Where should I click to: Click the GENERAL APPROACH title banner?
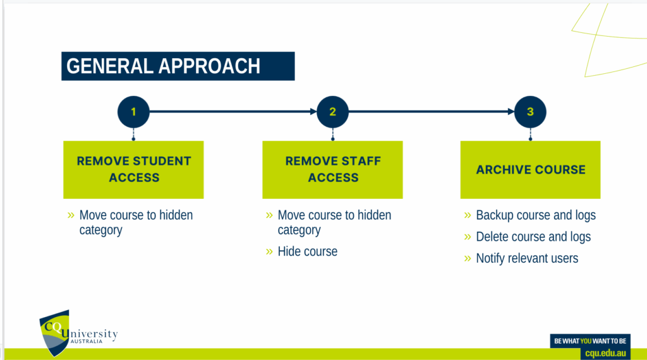click(178, 66)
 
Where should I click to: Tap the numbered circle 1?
click(133, 112)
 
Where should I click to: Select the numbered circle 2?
click(332, 112)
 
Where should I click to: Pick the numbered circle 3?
click(530, 112)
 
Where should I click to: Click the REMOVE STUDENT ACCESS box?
click(133, 169)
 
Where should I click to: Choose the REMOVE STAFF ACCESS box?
click(332, 169)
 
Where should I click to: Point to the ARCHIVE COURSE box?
click(530, 169)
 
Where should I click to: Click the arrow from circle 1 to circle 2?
click(233, 111)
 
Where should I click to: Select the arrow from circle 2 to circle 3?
click(432, 111)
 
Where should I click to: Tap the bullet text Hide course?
click(308, 251)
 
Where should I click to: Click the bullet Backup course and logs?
click(536, 215)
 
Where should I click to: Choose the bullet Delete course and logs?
click(533, 237)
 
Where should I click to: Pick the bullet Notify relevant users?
click(527, 258)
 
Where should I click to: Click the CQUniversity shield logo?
click(54, 332)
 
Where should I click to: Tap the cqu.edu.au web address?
click(605, 353)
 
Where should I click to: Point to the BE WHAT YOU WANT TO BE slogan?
click(590, 341)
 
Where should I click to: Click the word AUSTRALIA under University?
click(86, 342)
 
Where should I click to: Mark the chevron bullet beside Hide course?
click(269, 251)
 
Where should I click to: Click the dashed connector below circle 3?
click(530, 134)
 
